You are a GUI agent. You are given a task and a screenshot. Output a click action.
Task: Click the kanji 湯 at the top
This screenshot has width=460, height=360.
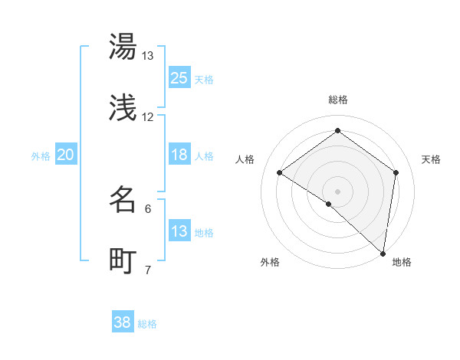tap(123, 47)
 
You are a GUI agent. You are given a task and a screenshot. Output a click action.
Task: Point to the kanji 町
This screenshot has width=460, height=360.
tap(123, 261)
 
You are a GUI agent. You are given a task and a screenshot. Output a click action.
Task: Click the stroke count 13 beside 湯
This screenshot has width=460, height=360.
tap(148, 56)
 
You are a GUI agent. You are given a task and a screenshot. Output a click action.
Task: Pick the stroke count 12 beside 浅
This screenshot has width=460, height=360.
tap(148, 117)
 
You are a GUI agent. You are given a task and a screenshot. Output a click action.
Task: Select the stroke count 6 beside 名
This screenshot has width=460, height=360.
tap(148, 208)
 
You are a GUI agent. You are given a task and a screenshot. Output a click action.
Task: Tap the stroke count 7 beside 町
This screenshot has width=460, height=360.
tap(148, 270)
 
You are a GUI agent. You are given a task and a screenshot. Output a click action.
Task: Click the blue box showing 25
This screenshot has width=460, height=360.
tap(179, 78)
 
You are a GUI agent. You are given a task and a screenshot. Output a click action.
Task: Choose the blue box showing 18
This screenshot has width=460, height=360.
tap(179, 155)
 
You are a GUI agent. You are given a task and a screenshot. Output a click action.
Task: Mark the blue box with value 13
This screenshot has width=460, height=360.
tap(179, 231)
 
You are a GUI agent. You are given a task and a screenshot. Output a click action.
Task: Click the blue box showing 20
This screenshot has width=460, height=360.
tap(66, 155)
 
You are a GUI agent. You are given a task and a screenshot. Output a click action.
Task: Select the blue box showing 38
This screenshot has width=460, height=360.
tap(123, 322)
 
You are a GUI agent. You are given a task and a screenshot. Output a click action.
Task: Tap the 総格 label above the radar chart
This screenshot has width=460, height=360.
tap(338, 100)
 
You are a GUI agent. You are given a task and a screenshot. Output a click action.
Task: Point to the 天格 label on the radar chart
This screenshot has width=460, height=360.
tap(431, 159)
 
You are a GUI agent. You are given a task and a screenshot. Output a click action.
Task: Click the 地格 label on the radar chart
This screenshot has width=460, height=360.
tap(402, 263)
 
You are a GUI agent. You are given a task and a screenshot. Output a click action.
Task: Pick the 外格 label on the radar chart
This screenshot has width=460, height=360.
tap(270, 263)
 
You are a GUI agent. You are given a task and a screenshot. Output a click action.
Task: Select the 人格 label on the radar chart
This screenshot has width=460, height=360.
tap(245, 159)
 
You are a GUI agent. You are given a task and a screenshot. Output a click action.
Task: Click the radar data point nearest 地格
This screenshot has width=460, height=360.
tap(383, 253)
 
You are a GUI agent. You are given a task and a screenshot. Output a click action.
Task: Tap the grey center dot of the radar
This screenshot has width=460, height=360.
tap(338, 191)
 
